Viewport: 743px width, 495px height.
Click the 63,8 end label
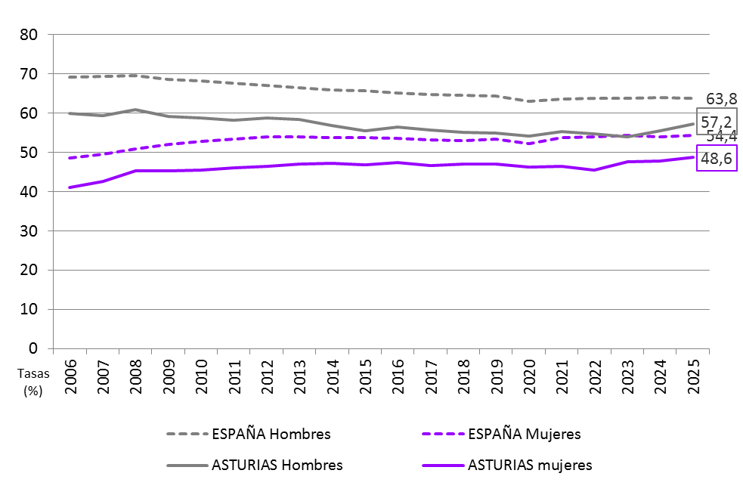tap(722, 99)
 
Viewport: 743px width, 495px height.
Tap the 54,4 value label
tap(722, 137)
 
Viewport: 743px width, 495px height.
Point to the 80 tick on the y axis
tap(29, 35)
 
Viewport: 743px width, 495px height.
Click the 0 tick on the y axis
tap(34, 348)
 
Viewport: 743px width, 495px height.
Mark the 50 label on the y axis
tap(29, 153)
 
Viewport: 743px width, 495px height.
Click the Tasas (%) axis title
tap(32, 382)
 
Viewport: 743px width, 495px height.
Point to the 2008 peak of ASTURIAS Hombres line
tap(135, 110)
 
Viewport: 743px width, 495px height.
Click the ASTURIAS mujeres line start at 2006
tap(70, 187)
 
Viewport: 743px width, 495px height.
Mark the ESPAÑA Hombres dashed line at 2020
tap(528, 101)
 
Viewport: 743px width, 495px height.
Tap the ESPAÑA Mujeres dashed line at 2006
tap(70, 158)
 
